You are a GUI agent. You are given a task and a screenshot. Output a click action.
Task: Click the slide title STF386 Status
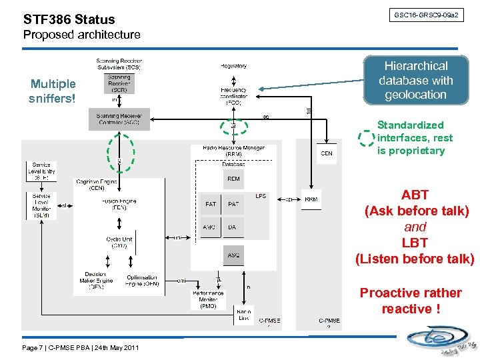pyautogui.click(x=69, y=19)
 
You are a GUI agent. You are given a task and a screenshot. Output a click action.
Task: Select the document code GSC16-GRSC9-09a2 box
pyautogui.click(x=426, y=15)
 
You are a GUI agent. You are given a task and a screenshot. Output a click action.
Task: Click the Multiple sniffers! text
pyautogui.click(x=53, y=91)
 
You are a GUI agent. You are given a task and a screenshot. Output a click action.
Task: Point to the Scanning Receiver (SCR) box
pyautogui.click(x=119, y=83)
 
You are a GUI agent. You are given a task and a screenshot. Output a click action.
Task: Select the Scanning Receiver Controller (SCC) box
pyautogui.click(x=119, y=119)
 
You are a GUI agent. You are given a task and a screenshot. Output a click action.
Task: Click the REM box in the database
pyautogui.click(x=233, y=179)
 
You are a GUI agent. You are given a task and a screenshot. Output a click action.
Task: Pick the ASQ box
pyautogui.click(x=233, y=255)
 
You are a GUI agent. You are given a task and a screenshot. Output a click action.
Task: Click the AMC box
pyautogui.click(x=210, y=227)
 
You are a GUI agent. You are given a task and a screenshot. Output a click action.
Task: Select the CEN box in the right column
pyautogui.click(x=327, y=153)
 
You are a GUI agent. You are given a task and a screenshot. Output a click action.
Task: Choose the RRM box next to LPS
pyautogui.click(x=311, y=199)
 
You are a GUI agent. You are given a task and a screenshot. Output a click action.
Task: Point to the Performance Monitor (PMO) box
pyautogui.click(x=208, y=299)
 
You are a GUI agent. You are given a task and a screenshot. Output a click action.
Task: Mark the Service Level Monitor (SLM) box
pyautogui.click(x=41, y=205)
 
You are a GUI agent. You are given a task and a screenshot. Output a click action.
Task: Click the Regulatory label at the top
pyautogui.click(x=233, y=66)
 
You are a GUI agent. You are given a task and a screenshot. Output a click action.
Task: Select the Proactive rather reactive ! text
pyautogui.click(x=410, y=301)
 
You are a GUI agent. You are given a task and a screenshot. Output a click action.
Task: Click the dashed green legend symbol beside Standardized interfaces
pyautogui.click(x=366, y=138)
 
